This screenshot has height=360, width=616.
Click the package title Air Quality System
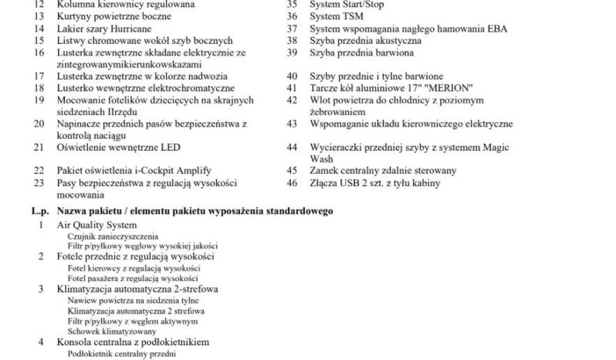(x=101, y=224)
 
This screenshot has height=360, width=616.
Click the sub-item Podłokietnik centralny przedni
(x=122, y=353)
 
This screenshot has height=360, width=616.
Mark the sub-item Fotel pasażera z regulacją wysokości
(x=133, y=277)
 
